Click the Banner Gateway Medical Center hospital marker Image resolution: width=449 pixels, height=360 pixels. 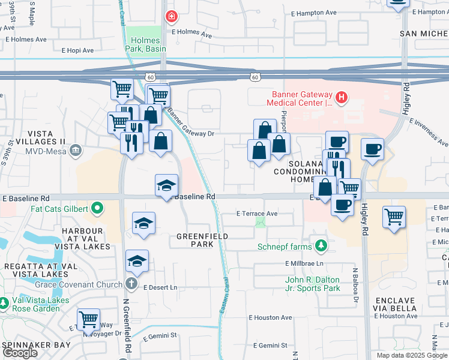(x=342, y=97)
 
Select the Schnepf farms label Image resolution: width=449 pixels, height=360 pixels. (x=285, y=247)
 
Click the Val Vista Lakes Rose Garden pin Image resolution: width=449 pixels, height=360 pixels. (x=4, y=303)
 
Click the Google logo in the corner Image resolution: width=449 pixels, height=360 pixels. (x=20, y=353)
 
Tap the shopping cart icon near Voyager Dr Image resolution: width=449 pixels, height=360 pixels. (x=89, y=320)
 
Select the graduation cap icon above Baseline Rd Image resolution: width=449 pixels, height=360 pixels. (x=166, y=185)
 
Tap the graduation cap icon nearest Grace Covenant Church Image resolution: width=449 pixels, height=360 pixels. (x=137, y=261)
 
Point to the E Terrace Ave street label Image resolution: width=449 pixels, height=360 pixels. (x=257, y=213)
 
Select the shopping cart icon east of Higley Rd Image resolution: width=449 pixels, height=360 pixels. (x=393, y=216)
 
